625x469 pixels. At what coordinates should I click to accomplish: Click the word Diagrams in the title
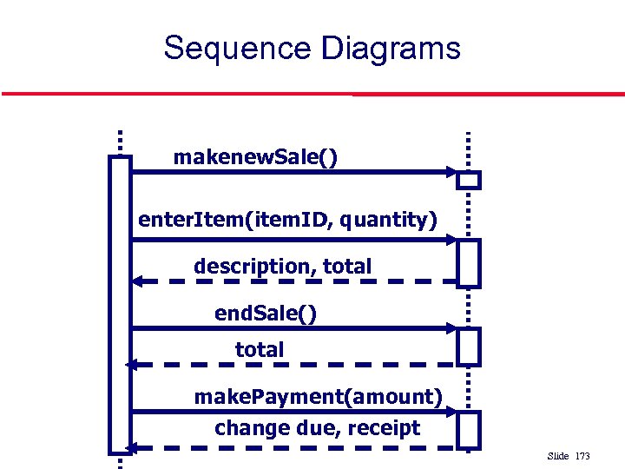click(391, 48)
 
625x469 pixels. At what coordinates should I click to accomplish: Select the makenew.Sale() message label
click(256, 157)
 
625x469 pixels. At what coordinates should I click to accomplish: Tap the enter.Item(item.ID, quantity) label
click(287, 220)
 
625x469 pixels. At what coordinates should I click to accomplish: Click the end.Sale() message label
click(266, 313)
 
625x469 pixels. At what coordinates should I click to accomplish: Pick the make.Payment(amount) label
click(318, 397)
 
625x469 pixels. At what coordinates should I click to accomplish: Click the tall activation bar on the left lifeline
click(120, 304)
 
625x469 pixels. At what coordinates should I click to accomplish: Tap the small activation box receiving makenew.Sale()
click(469, 181)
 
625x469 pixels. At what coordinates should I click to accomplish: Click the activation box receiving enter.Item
click(469, 262)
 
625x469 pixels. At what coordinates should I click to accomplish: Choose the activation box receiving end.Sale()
click(469, 347)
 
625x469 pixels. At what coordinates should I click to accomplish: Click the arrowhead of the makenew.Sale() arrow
click(451, 172)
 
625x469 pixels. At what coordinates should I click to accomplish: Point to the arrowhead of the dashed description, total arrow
click(138, 281)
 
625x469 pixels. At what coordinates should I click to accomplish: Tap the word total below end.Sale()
click(260, 350)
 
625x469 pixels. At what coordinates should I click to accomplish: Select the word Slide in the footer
click(558, 456)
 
